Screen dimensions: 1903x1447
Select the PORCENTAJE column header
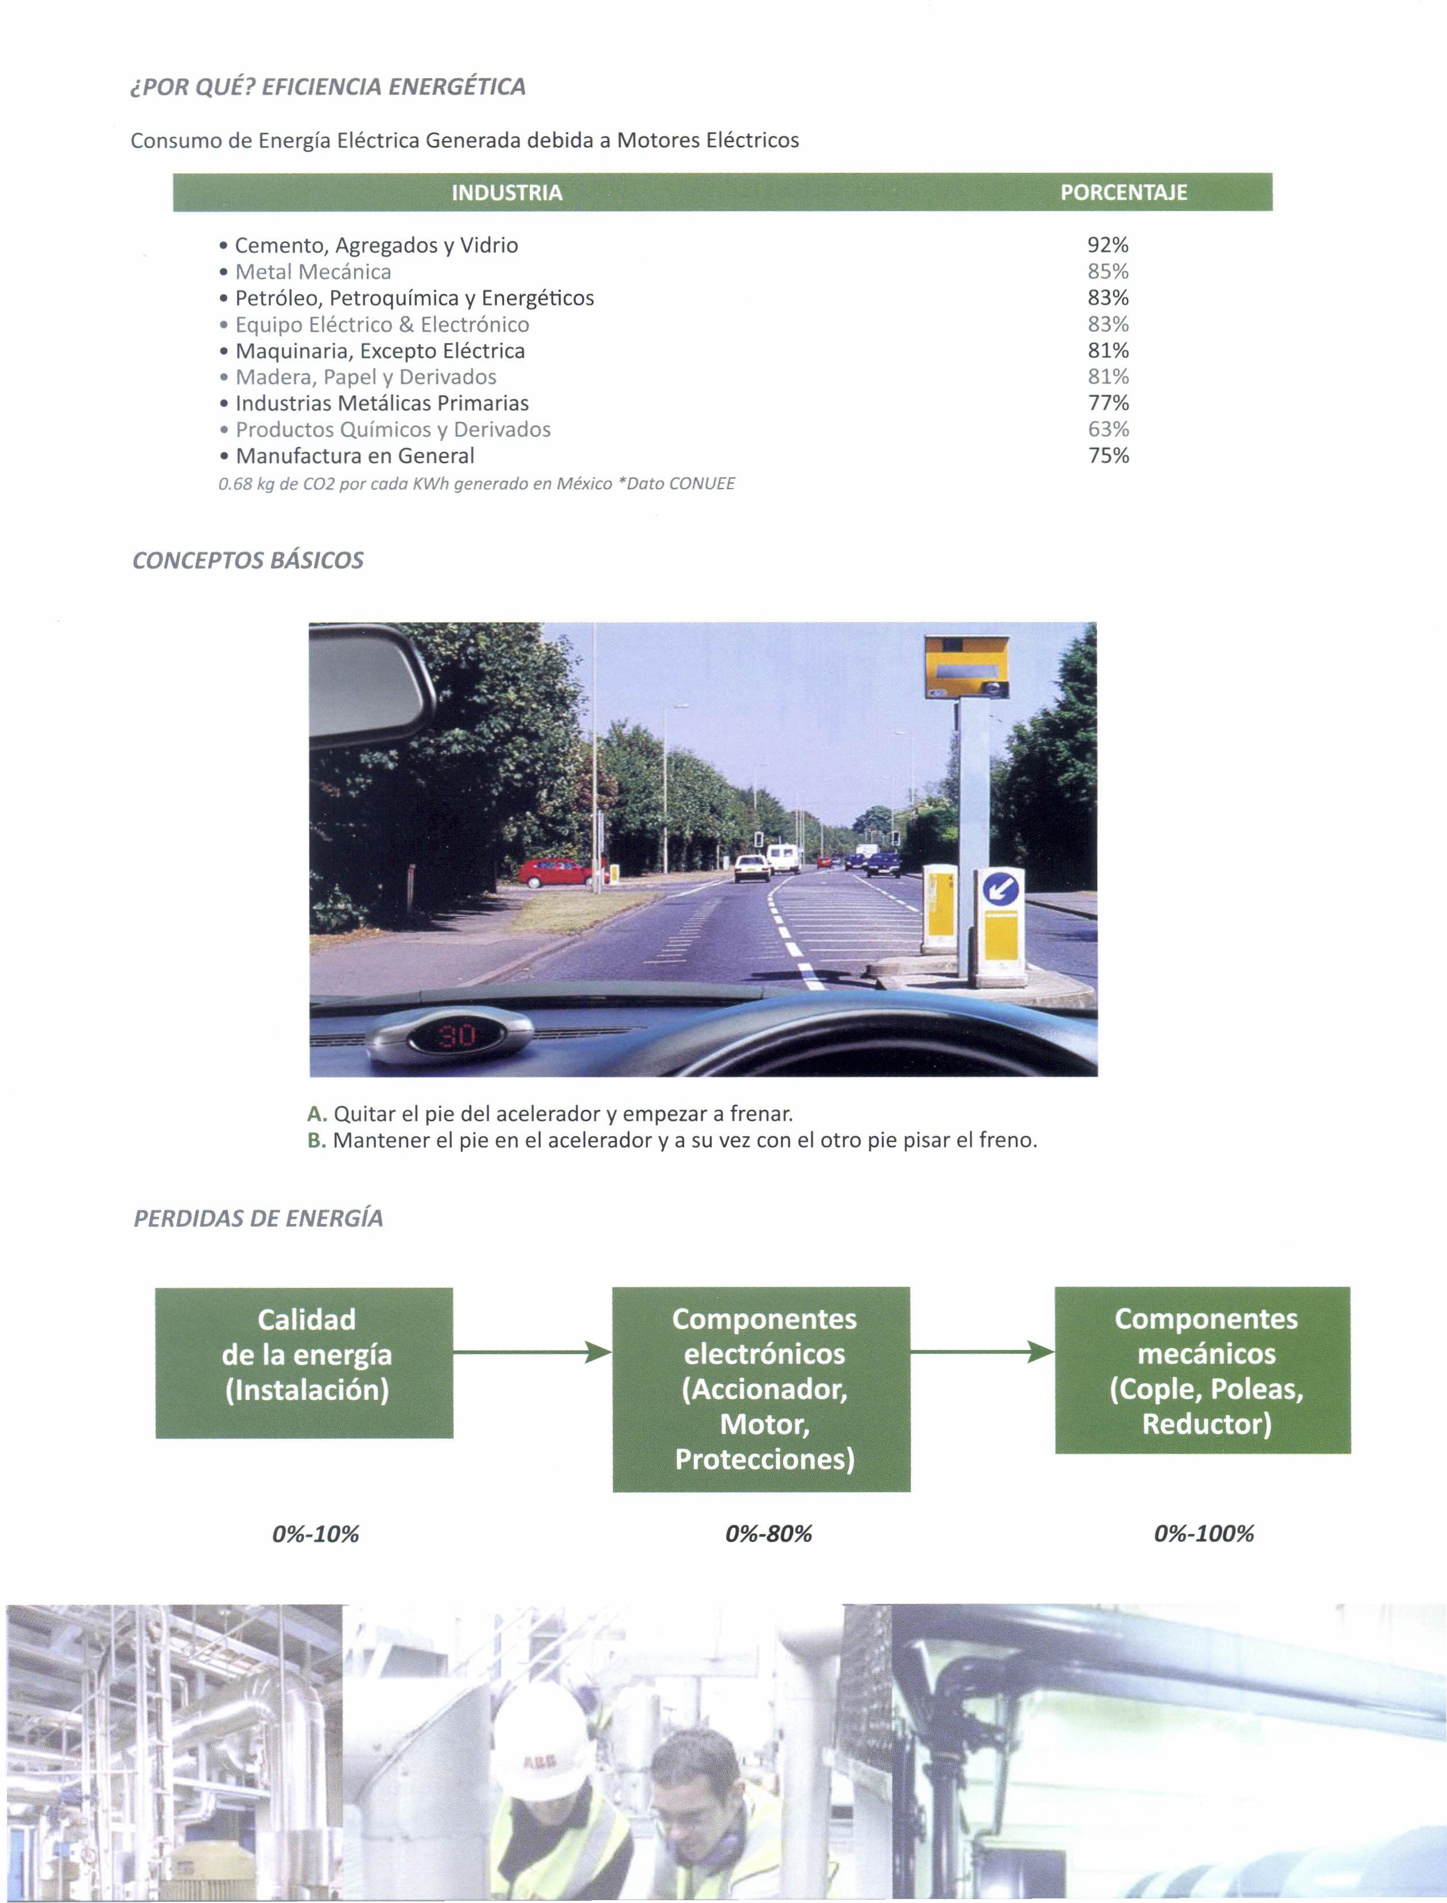coord(1123,193)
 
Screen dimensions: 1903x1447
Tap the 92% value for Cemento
coord(1108,246)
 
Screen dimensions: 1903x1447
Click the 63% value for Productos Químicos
coord(1108,430)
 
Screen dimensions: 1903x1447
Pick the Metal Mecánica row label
coord(313,272)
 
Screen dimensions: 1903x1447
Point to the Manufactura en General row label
coord(355,456)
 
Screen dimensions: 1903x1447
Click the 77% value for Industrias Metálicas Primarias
coord(1108,403)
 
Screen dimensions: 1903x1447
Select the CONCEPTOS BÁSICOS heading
coord(248,561)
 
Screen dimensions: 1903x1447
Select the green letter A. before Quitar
coord(316,1114)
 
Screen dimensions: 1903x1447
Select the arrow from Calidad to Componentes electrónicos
coord(532,1352)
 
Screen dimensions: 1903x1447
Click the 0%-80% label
coord(769,1533)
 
